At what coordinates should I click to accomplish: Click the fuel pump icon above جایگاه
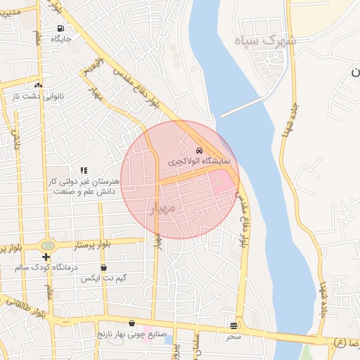click(60, 29)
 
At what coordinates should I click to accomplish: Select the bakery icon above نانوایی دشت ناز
click(38, 85)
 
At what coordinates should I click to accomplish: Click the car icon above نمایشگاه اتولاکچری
click(200, 150)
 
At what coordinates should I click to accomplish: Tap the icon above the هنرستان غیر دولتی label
click(84, 170)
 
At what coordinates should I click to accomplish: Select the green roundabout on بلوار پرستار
click(48, 246)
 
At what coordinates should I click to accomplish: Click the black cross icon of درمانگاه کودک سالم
click(46, 257)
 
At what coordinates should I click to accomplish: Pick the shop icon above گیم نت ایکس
click(104, 268)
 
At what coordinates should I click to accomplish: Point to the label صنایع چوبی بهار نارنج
click(131, 334)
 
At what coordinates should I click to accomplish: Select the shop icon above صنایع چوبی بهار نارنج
click(131, 323)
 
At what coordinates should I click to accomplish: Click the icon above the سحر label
click(233, 326)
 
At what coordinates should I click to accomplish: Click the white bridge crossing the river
click(241, 106)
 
